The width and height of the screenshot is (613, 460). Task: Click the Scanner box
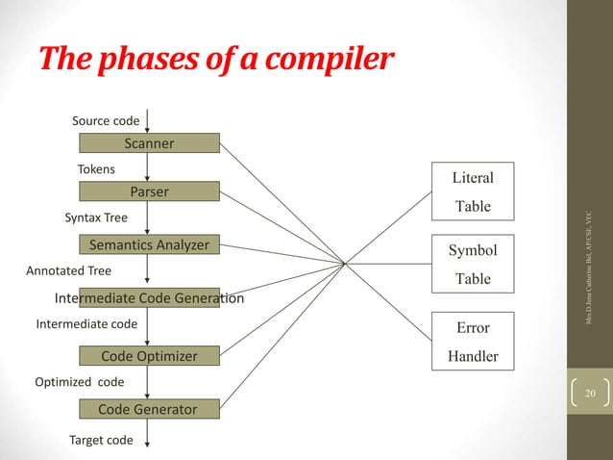[x=149, y=144]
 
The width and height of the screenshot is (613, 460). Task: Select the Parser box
[x=149, y=192]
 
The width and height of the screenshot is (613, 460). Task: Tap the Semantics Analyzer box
[x=149, y=244]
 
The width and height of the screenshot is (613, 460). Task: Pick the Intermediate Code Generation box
[x=149, y=298]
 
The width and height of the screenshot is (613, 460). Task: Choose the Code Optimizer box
[x=149, y=356]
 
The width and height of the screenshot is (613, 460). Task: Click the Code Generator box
[x=149, y=410]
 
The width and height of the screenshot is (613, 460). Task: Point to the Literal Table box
[x=472, y=192]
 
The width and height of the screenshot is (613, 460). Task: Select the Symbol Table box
[x=472, y=265]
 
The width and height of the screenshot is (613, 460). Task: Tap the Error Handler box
[x=472, y=342]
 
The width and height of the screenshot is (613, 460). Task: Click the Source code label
[x=106, y=121]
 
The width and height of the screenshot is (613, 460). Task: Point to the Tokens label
[x=95, y=169]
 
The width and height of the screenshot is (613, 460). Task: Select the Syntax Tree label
[x=95, y=218]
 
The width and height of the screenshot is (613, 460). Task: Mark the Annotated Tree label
[x=67, y=271]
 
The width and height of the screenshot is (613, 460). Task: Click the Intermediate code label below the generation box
[x=86, y=324]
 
